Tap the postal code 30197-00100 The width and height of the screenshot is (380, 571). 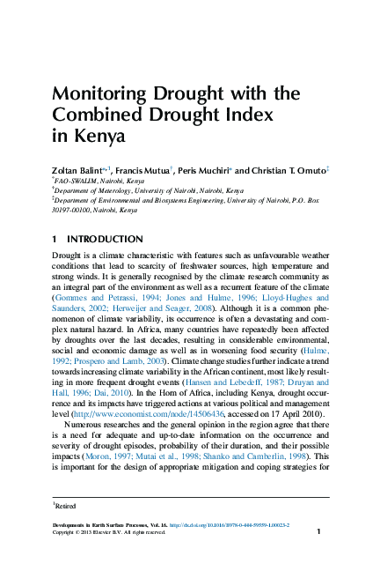pyautogui.click(x=75, y=211)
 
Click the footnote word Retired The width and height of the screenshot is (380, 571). pyautogui.click(x=68, y=506)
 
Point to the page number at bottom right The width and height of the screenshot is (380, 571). pyautogui.click(x=318, y=532)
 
